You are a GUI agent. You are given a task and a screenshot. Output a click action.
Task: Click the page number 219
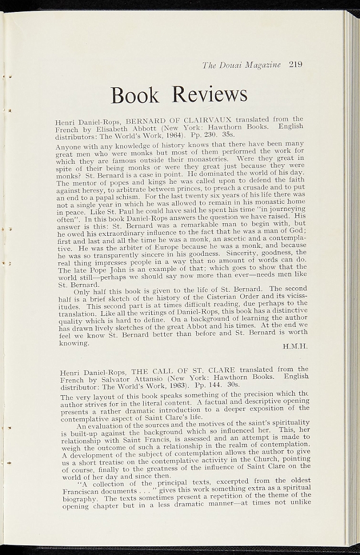295,64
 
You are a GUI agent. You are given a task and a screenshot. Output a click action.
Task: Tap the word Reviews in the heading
210,94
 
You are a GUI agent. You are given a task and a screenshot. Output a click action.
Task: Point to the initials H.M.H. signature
295,346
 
